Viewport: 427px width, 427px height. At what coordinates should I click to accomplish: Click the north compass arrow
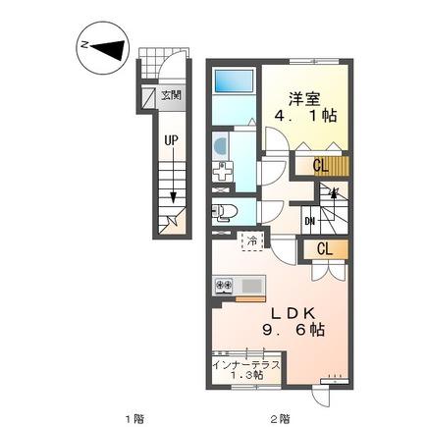(x=108, y=50)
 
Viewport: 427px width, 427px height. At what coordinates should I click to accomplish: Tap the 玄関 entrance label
(x=171, y=95)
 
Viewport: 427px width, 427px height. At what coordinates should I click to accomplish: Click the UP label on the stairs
(x=171, y=140)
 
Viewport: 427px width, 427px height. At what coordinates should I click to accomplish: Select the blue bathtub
(x=234, y=80)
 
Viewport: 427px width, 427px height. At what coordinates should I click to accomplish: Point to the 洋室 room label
(x=304, y=98)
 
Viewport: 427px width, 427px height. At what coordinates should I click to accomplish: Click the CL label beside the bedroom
(x=320, y=166)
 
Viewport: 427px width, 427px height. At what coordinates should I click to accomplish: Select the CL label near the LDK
(x=325, y=249)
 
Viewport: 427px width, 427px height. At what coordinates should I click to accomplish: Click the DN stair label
(x=309, y=222)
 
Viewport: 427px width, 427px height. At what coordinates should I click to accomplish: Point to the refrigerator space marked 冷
(x=252, y=241)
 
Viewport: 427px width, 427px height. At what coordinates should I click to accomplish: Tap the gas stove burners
(x=224, y=286)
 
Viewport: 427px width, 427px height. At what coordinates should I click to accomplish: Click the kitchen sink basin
(x=251, y=286)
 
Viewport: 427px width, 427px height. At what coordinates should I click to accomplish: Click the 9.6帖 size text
(x=294, y=330)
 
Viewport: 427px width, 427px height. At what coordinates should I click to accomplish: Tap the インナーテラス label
(x=246, y=365)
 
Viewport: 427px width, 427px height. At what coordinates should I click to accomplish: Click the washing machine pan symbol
(x=223, y=172)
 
